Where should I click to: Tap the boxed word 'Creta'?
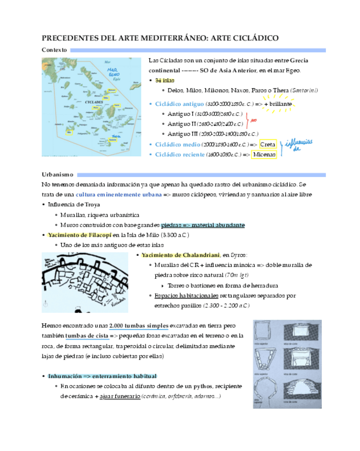[267, 145]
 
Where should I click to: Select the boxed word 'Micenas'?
[264, 154]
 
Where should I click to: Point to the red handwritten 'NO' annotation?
[253, 120]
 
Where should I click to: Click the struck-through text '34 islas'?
[164, 80]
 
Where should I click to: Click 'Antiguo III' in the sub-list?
[183, 133]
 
